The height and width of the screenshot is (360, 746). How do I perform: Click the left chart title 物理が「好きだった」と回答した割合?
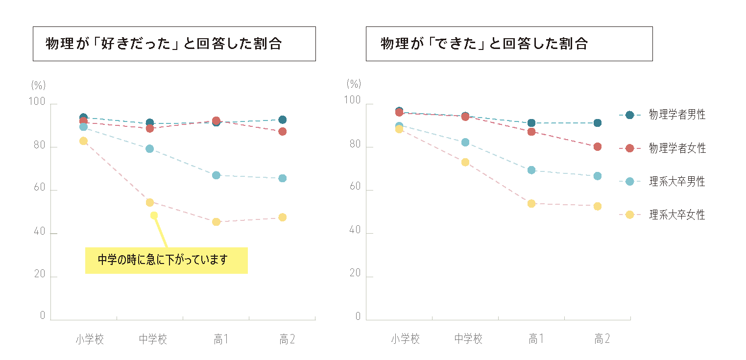(164, 44)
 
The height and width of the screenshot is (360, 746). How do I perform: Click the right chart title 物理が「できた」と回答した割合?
(484, 44)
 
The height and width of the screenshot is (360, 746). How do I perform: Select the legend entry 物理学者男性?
(677, 115)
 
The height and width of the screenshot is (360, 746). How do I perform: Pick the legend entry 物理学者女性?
(677, 148)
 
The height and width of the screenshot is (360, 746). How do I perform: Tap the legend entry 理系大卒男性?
(677, 181)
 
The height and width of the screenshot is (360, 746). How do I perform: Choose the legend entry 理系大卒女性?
(677, 215)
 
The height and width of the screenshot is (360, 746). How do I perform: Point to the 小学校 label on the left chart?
(90, 339)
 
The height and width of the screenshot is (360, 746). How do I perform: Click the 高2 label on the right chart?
(602, 339)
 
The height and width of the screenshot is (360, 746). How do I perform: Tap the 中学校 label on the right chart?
(468, 339)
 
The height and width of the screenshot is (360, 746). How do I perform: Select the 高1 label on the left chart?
(220, 339)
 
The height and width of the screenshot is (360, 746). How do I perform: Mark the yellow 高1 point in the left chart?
(216, 222)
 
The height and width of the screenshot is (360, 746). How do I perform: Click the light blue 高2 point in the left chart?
(283, 178)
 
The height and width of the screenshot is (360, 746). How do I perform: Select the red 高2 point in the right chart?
(598, 146)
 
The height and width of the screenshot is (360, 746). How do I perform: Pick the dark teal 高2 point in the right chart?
(598, 123)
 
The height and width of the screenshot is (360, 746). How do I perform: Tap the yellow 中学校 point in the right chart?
(465, 162)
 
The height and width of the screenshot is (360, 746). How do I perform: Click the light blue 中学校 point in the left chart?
(150, 148)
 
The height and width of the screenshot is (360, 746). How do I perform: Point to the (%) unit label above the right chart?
(354, 84)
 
